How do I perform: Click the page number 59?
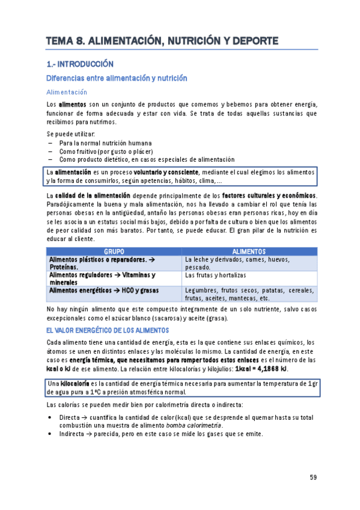point(313,478)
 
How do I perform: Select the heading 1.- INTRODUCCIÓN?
point(79,64)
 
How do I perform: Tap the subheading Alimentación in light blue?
point(67,92)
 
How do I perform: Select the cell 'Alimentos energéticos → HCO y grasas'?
point(100,290)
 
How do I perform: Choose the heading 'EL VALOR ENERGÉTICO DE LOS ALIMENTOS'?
point(108,330)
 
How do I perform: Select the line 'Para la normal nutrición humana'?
point(101,144)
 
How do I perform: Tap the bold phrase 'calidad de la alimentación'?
point(93,195)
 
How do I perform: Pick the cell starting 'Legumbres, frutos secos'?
point(249,294)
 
